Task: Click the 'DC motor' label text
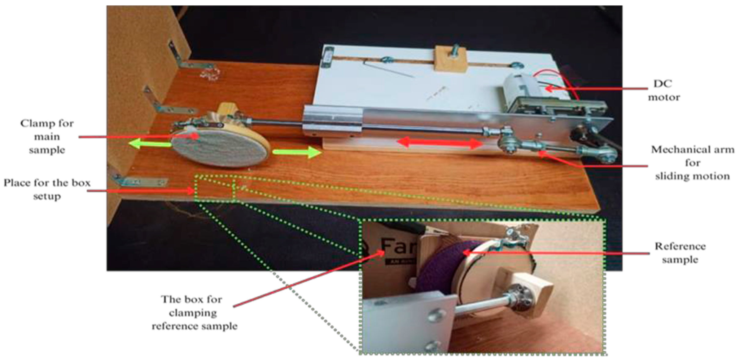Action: (664, 90)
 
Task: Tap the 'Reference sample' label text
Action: (680, 253)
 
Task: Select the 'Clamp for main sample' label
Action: (47, 137)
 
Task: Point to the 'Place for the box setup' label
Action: (47, 189)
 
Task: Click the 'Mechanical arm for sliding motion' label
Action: (693, 163)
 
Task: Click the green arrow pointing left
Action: (150, 143)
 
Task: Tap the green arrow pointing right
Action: (297, 152)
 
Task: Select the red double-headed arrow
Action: (440, 143)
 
